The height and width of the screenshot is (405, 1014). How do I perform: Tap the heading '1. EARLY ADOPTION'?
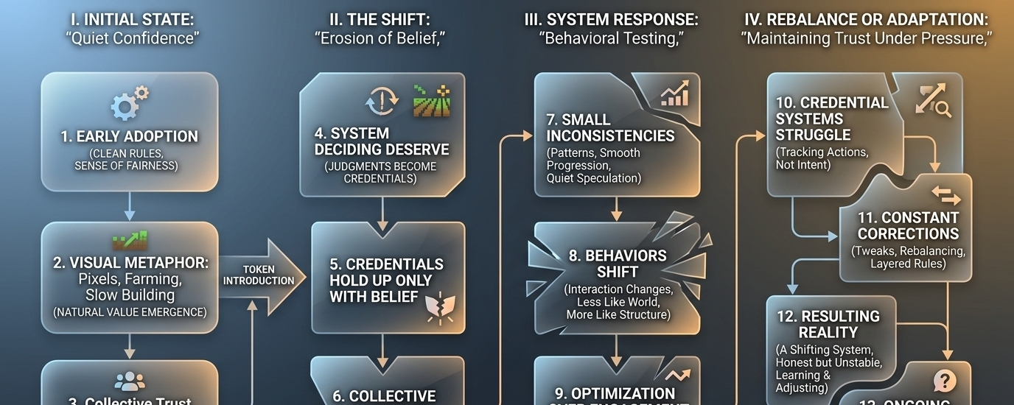(x=130, y=136)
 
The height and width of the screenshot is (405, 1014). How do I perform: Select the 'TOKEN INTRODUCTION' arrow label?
(x=259, y=275)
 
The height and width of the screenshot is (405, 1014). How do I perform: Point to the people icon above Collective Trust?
(x=130, y=381)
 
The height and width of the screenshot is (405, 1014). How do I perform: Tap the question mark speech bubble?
(x=944, y=381)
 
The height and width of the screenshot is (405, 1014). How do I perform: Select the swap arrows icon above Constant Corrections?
(x=945, y=195)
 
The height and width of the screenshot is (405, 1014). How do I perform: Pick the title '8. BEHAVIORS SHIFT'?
(x=617, y=264)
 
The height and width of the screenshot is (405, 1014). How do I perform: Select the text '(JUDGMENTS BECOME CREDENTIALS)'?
(x=381, y=172)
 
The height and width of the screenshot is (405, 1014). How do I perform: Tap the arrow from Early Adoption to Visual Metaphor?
(x=130, y=206)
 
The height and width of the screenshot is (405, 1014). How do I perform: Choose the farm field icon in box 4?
(x=430, y=102)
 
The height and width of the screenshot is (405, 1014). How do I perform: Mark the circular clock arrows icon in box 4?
(x=382, y=102)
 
